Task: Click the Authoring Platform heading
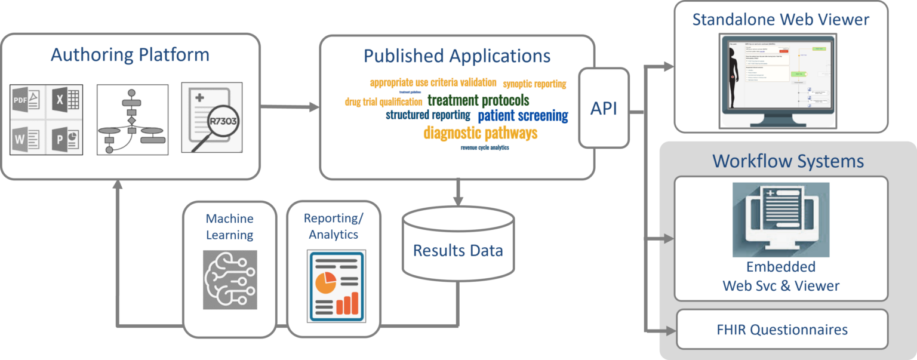[130, 55]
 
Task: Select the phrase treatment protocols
[478, 100]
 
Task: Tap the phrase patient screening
[523, 115]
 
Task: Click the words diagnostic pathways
[481, 133]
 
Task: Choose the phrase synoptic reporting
[534, 84]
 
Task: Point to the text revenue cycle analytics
[485, 147]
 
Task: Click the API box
[604, 108]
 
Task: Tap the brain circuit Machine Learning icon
[230, 279]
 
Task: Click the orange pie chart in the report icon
[325, 282]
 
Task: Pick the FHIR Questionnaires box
[781, 329]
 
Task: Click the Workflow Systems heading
[787, 161]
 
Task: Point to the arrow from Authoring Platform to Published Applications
[290, 107]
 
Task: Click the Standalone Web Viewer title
[780, 19]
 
